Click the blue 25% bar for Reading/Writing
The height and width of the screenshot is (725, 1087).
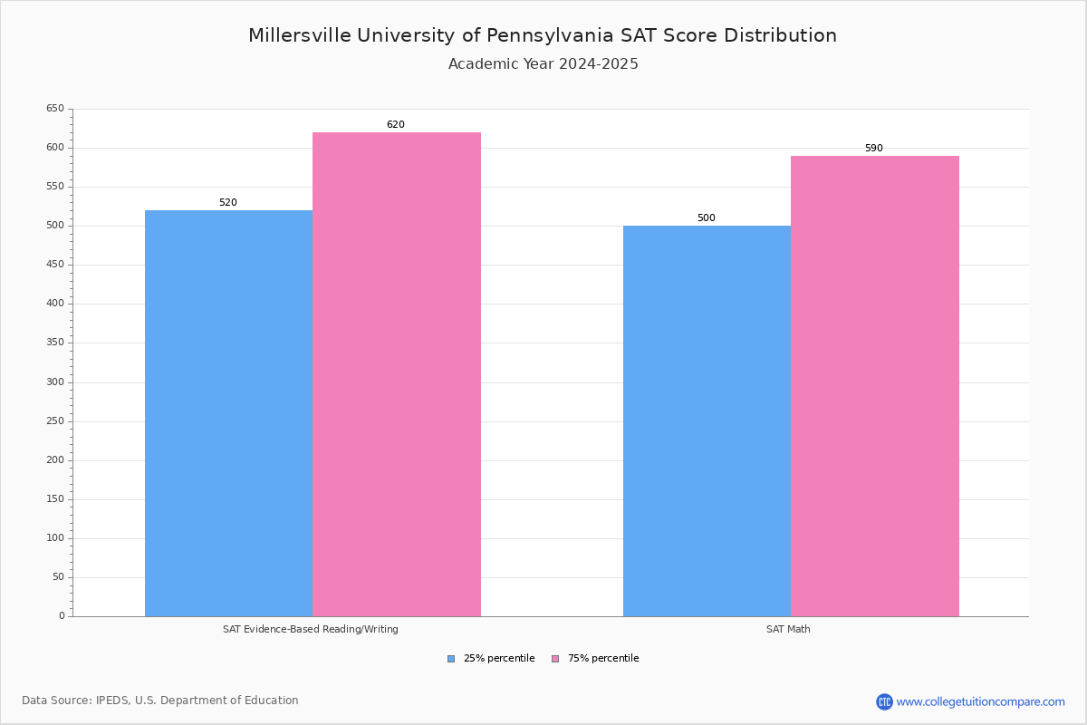(228, 413)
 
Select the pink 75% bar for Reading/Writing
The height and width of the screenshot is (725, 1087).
(397, 374)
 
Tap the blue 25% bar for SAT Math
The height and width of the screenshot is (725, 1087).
(707, 420)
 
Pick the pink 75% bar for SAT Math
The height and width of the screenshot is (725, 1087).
(875, 386)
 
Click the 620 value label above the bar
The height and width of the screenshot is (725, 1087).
(396, 125)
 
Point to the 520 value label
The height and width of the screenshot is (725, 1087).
(228, 203)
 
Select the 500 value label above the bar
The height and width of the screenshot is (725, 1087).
(707, 218)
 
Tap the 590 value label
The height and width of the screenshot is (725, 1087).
(874, 149)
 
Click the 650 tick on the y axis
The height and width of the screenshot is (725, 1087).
(55, 109)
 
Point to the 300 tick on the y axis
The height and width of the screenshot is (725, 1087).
(55, 382)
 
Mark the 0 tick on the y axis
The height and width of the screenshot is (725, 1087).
(62, 616)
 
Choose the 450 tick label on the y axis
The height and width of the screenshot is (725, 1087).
(55, 265)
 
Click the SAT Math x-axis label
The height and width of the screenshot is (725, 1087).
(788, 629)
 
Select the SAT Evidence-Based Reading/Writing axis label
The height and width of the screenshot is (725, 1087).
(311, 629)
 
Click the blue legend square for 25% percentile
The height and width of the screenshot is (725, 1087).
(451, 659)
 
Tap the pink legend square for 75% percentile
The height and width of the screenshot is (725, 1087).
(555, 659)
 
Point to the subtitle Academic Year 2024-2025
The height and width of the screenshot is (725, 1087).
(543, 64)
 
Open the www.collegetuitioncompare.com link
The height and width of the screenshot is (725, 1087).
(980, 701)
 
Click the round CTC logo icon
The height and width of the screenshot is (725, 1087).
(884, 701)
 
